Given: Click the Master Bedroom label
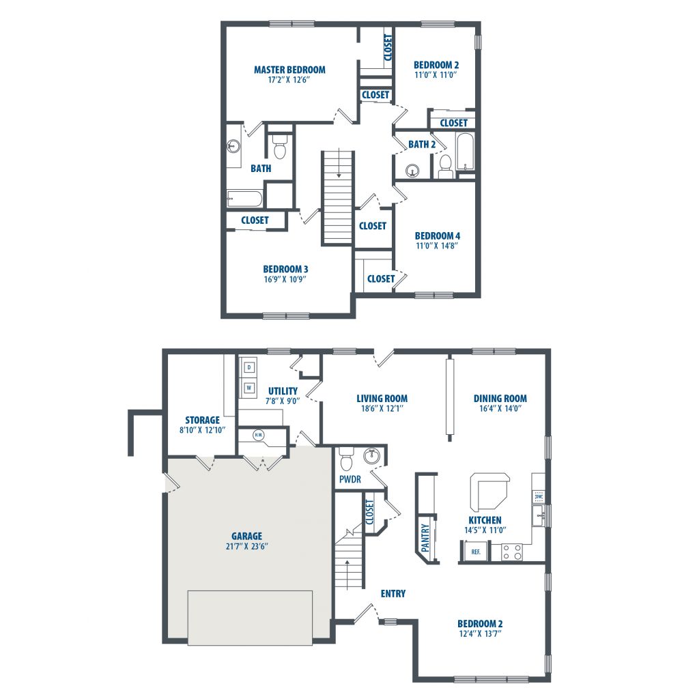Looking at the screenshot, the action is tap(289, 70).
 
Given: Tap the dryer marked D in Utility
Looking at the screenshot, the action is tap(249, 367).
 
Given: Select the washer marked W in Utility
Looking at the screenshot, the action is tap(249, 388).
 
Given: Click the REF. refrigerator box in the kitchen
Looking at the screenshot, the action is tap(476, 552).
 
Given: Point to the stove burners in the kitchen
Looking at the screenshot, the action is tap(512, 552).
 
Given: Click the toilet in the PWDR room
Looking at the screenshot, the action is tap(346, 459).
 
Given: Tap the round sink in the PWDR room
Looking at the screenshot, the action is tap(371, 455).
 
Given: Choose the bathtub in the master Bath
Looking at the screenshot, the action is tap(244, 199).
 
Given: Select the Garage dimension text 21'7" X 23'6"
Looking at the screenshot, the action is tap(246, 546).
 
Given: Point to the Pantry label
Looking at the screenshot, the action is tap(425, 537).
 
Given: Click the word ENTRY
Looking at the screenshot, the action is tap(393, 593).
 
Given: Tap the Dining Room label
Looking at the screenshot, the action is tap(500, 398).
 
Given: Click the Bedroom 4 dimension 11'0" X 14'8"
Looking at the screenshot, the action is tap(437, 246).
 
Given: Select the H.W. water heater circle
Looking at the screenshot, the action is tap(259, 435).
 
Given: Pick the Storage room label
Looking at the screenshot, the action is tap(202, 420).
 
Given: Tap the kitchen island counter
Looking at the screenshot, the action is tap(489, 491).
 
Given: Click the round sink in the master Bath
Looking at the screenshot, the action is tap(233, 145).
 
